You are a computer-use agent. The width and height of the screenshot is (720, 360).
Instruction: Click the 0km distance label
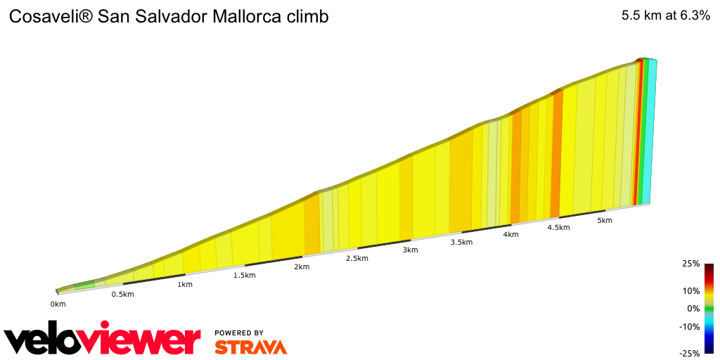(58, 304)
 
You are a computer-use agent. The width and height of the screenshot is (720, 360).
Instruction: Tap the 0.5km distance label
(122, 294)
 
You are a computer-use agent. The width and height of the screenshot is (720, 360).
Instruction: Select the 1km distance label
(185, 285)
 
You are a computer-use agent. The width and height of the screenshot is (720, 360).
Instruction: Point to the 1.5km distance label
(244, 275)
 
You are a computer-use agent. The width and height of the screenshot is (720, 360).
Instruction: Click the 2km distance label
(302, 267)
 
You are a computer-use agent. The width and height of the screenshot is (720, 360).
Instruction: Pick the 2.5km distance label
(356, 259)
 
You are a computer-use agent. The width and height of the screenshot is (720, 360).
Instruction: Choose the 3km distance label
(410, 250)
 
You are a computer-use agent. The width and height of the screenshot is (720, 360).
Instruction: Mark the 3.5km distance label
(461, 242)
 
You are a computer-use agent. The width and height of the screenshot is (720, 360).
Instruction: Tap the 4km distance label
(510, 234)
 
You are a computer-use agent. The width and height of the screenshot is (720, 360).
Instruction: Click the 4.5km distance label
(558, 227)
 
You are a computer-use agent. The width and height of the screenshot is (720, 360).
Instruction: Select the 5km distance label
(605, 220)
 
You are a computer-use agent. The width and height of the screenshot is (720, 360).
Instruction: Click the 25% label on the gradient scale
(690, 264)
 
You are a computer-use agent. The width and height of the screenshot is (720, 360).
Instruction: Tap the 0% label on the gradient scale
(693, 308)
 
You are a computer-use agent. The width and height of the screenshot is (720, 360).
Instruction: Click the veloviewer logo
(103, 340)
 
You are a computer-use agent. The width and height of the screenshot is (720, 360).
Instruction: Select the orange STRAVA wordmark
(250, 347)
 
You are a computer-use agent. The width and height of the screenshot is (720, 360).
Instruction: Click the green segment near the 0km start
(84, 285)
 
